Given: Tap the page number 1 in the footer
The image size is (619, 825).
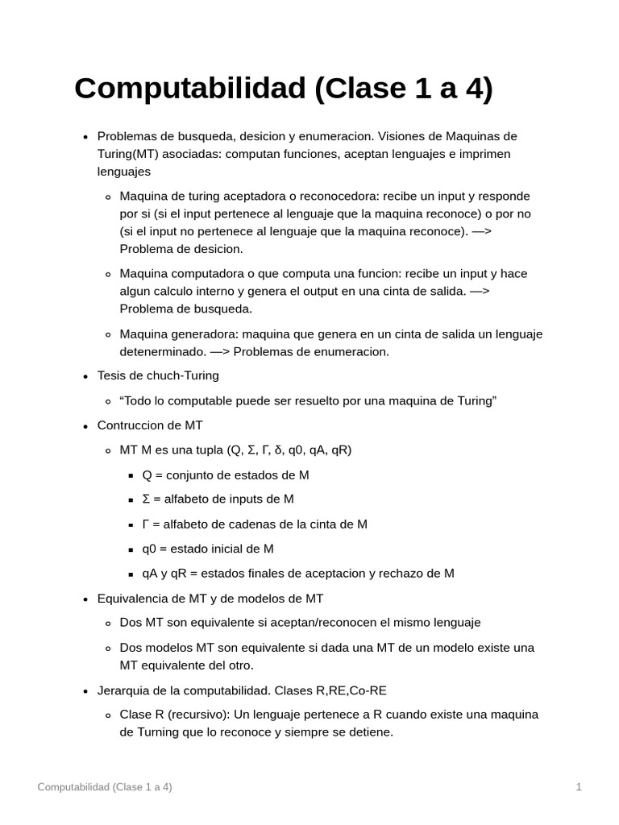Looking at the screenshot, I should tap(579, 787).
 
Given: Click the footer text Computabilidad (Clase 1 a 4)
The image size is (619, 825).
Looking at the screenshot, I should tap(105, 787).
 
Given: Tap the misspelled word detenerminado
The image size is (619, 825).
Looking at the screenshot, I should tap(161, 351).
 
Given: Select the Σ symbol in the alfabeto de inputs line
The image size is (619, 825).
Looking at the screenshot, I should tap(146, 499).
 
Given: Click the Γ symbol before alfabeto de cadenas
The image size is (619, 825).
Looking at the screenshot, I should tap(146, 524).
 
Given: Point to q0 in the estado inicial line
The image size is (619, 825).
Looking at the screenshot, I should tap(149, 549).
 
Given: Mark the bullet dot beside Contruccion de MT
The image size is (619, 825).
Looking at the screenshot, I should tap(85, 425).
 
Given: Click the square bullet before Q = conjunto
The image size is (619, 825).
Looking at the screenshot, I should tap(131, 475).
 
